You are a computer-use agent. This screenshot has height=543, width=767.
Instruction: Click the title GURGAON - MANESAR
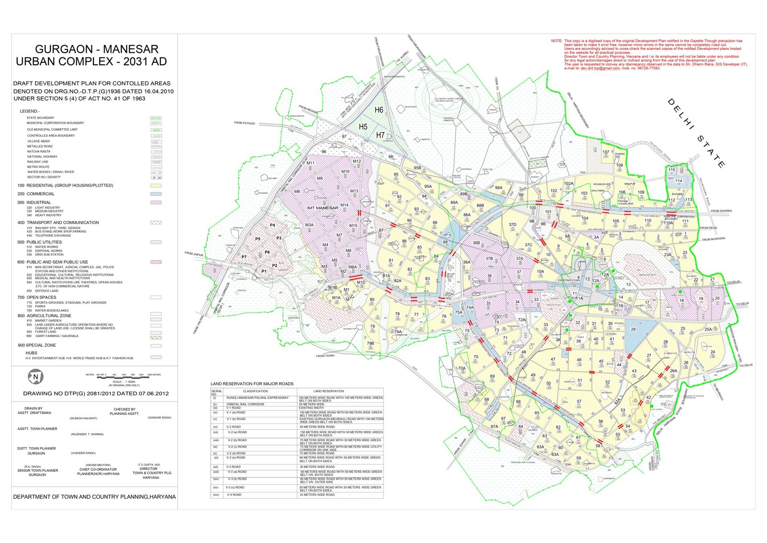96,49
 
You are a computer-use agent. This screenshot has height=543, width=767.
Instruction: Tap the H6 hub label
379,110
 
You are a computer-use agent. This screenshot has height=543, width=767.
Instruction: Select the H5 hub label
363,127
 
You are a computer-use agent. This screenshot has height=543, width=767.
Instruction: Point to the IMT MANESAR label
322,208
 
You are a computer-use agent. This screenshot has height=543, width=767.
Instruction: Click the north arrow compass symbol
35,377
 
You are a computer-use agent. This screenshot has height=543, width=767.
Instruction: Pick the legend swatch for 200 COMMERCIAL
156,194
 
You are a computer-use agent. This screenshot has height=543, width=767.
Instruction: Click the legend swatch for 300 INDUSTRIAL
156,202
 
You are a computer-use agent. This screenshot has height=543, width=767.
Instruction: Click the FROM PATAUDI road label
244,123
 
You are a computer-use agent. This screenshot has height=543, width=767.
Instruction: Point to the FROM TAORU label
325,356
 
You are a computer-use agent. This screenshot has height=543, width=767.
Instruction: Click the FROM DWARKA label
721,211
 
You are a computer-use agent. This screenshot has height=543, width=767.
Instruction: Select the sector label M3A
309,225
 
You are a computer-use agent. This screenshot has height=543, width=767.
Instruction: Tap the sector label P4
272,225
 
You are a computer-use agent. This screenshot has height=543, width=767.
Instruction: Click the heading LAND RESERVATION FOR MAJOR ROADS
252,384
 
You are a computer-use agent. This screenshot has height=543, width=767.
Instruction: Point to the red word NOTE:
556,41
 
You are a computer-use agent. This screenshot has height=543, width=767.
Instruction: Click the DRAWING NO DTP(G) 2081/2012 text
96,393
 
